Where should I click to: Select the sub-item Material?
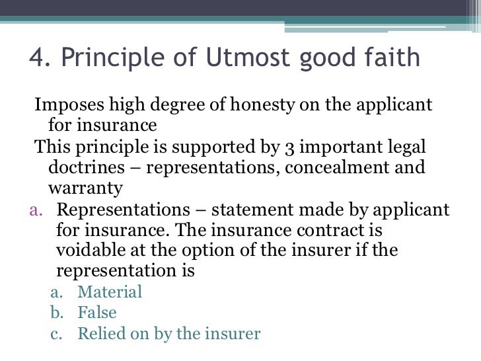pyautogui.click(x=110, y=292)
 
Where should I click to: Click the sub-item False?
pyautogui.click(x=97, y=313)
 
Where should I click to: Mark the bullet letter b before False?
pyautogui.click(x=56, y=313)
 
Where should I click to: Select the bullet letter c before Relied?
pyautogui.click(x=56, y=334)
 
